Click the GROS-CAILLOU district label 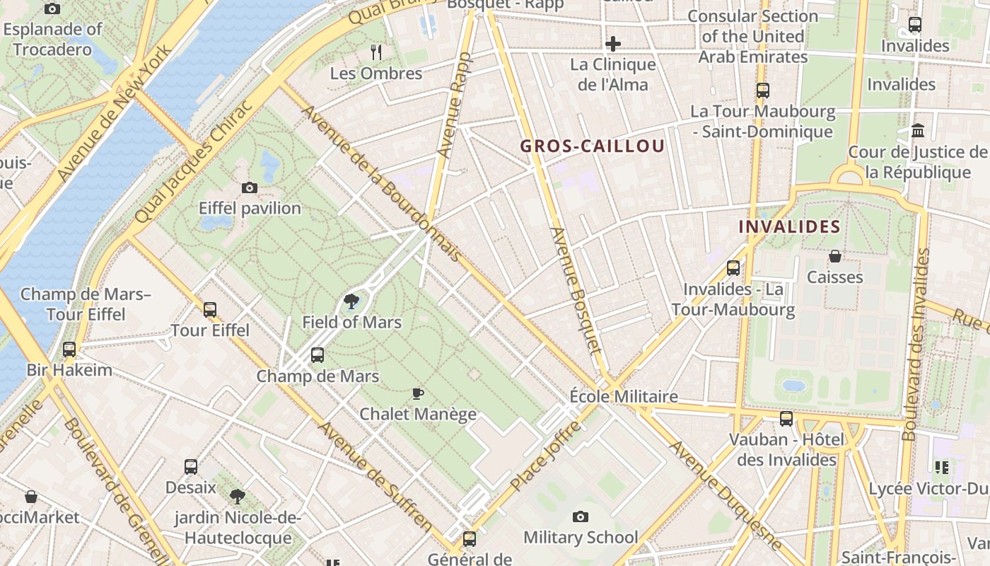coord(593,146)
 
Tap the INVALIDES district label coord(789,227)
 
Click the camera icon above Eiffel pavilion coord(250,187)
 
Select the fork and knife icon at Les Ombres coord(376,52)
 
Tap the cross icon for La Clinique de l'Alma coord(612,44)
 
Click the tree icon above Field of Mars coord(351,302)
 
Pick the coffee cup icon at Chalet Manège coord(418,393)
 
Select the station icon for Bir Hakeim coord(69,350)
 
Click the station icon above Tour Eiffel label coord(210,310)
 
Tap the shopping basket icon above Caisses coord(835,256)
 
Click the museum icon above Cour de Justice coord(919,131)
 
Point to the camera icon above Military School coord(581,517)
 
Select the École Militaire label coord(624,396)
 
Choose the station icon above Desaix coord(191,467)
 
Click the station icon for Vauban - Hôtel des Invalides coord(786,419)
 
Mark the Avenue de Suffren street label coord(375,478)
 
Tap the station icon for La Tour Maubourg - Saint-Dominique coord(762,91)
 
